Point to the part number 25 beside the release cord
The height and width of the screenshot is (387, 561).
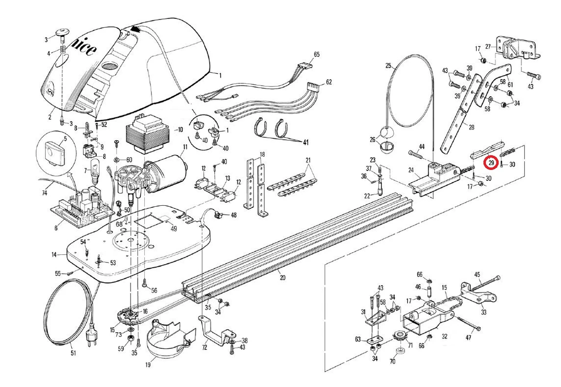(x=388, y=66)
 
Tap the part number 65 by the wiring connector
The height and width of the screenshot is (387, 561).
(x=316, y=54)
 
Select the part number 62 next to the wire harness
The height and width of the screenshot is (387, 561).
(x=329, y=82)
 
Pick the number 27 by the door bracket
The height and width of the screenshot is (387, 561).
(x=488, y=47)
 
